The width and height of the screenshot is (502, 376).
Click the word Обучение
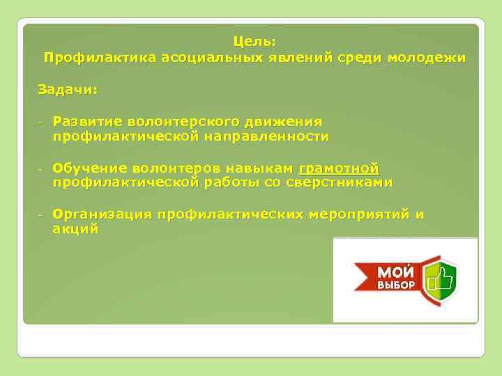pos(89,168)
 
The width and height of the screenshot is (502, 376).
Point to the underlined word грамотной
pos(339,168)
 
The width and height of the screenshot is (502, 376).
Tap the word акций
pos(75,228)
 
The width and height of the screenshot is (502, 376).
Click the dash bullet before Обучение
pos(40,169)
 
